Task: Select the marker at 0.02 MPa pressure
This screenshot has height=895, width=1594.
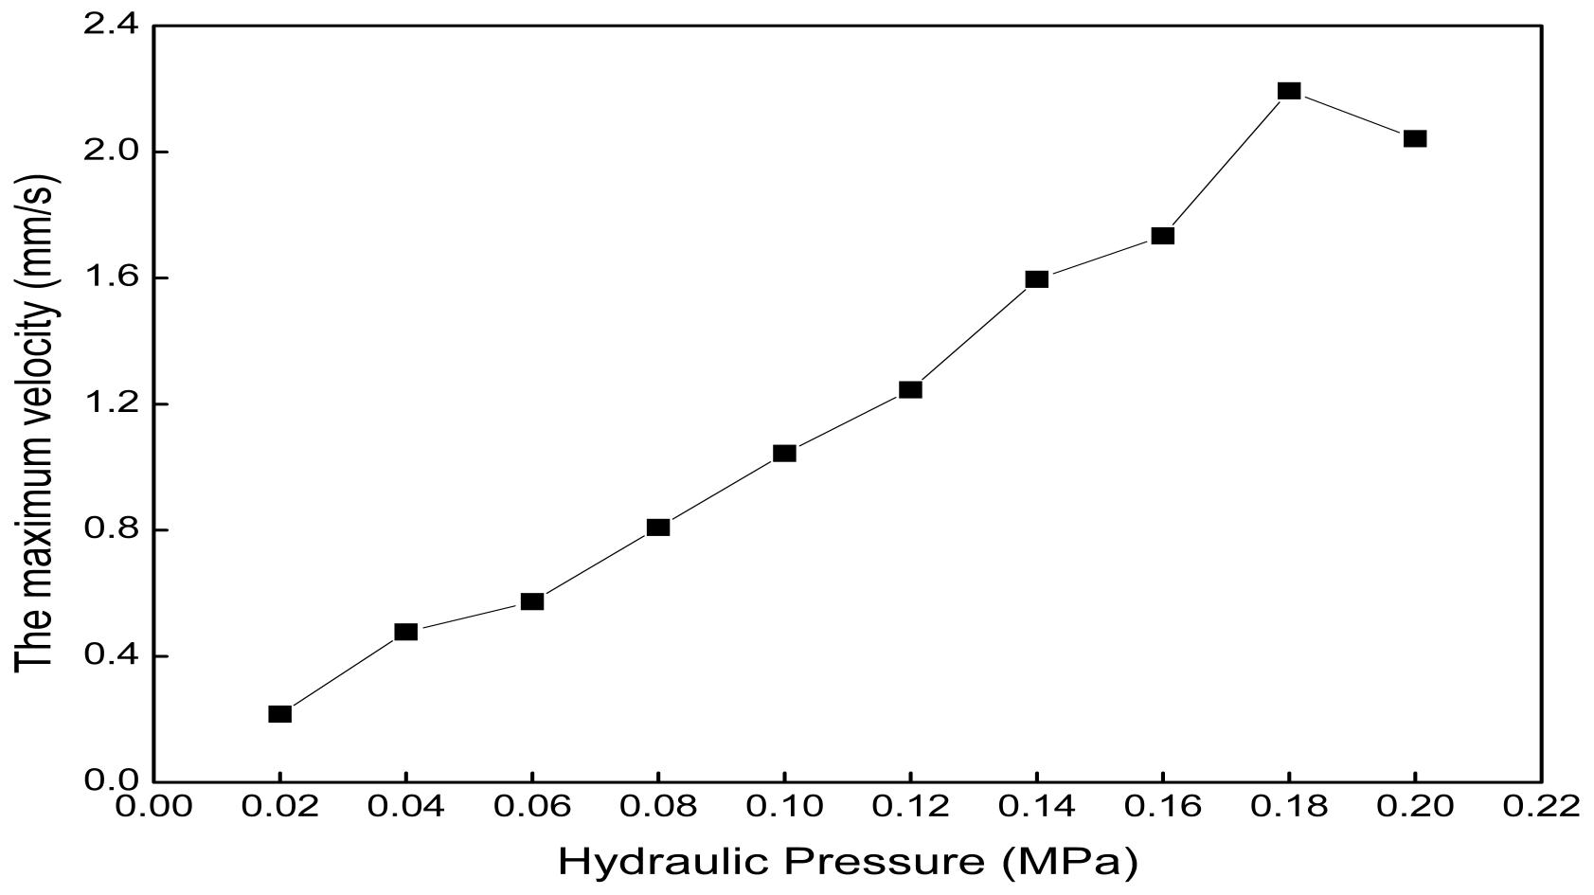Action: (x=279, y=713)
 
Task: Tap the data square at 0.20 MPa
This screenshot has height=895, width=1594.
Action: (x=1415, y=138)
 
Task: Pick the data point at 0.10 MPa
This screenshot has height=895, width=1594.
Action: (x=784, y=454)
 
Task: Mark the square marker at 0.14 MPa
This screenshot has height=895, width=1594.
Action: (x=1037, y=278)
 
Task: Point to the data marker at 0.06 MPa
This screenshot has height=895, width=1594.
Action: (x=532, y=601)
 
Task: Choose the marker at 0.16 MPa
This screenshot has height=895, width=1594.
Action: (x=1163, y=236)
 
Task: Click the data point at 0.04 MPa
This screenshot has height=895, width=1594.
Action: (x=405, y=632)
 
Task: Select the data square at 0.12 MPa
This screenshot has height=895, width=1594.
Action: (x=910, y=390)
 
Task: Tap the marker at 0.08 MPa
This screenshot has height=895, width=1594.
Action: (x=658, y=528)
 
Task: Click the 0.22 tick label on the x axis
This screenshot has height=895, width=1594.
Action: (x=1540, y=807)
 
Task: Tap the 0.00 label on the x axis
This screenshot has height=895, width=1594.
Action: (x=153, y=807)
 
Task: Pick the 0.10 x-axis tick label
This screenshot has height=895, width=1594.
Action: (x=784, y=807)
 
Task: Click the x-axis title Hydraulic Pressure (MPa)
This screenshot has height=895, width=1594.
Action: (x=849, y=862)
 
